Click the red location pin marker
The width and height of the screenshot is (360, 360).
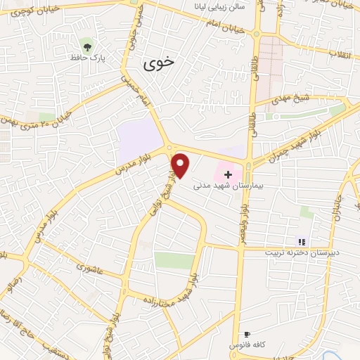point(181,165)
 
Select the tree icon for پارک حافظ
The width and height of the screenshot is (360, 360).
point(87,46)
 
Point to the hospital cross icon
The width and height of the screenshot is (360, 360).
point(227,172)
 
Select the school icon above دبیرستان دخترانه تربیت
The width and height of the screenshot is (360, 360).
point(302,241)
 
